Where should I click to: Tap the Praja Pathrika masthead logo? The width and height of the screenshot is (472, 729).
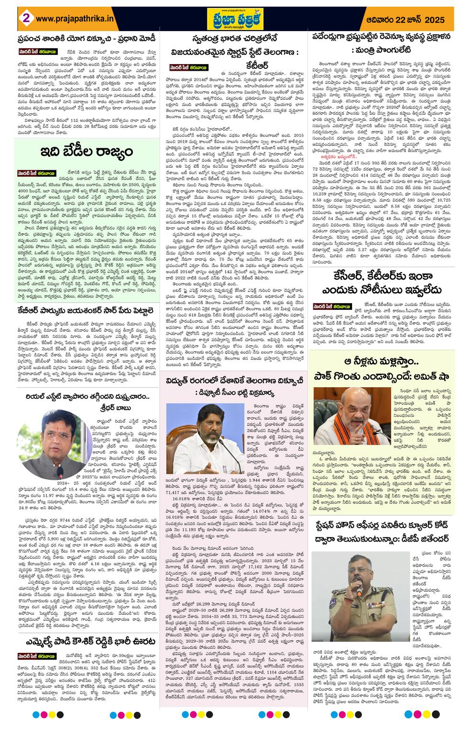tap(235, 18)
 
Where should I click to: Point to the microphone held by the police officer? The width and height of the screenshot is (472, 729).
tap(359, 592)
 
